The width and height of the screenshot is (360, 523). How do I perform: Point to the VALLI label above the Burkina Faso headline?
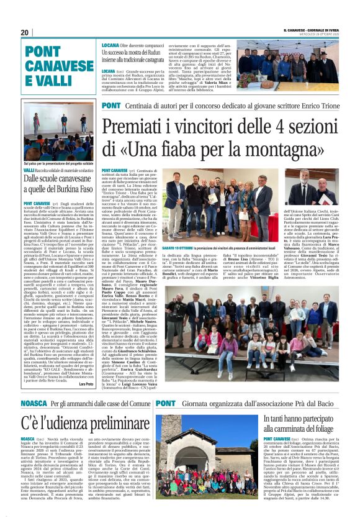(x=29, y=170)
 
